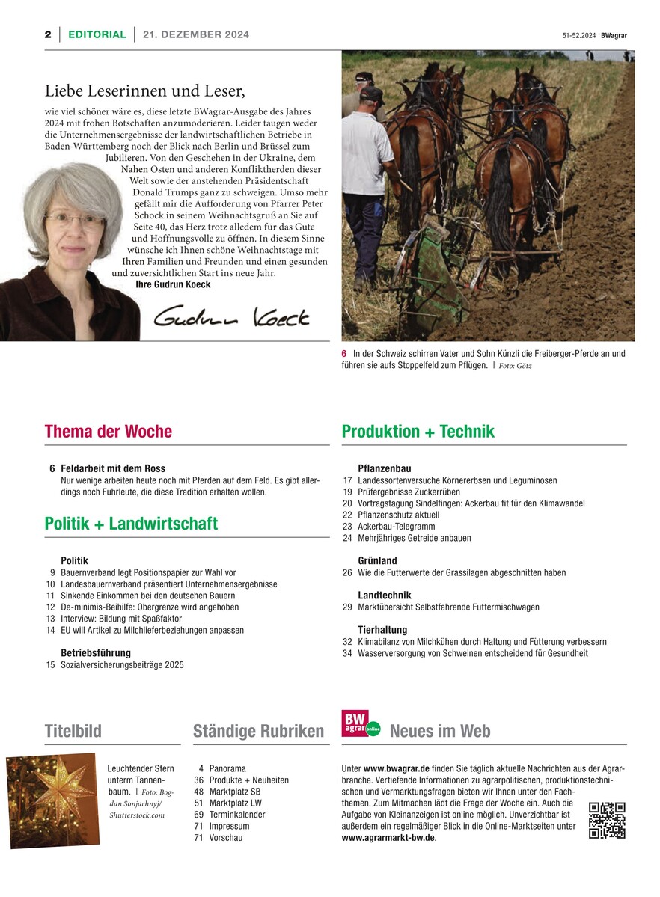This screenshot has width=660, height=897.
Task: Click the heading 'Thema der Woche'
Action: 108,432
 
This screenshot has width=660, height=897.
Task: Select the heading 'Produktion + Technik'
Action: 418,432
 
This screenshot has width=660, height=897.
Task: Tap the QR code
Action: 607,820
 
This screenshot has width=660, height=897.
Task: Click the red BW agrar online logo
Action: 361,724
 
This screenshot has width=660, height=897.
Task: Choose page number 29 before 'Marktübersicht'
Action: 347,607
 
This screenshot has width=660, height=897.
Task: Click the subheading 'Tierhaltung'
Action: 382,630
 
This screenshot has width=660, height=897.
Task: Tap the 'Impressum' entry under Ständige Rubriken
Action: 229,827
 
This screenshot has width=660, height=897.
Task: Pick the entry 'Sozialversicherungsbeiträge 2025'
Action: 122,665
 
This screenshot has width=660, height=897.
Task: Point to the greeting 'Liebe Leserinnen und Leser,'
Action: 145,91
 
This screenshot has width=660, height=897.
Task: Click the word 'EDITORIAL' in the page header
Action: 97,34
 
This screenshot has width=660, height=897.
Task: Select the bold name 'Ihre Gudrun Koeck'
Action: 173,285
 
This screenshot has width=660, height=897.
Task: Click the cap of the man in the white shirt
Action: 371,94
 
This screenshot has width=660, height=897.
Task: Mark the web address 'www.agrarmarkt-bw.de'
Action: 388,838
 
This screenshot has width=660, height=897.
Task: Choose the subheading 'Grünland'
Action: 377,561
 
